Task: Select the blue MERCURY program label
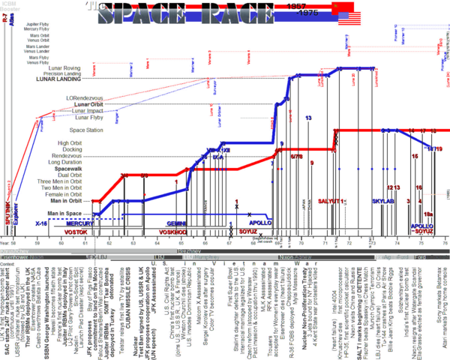pyautogui.click(x=80, y=223)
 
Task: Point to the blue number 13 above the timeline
pyautogui.click(x=308, y=118)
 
